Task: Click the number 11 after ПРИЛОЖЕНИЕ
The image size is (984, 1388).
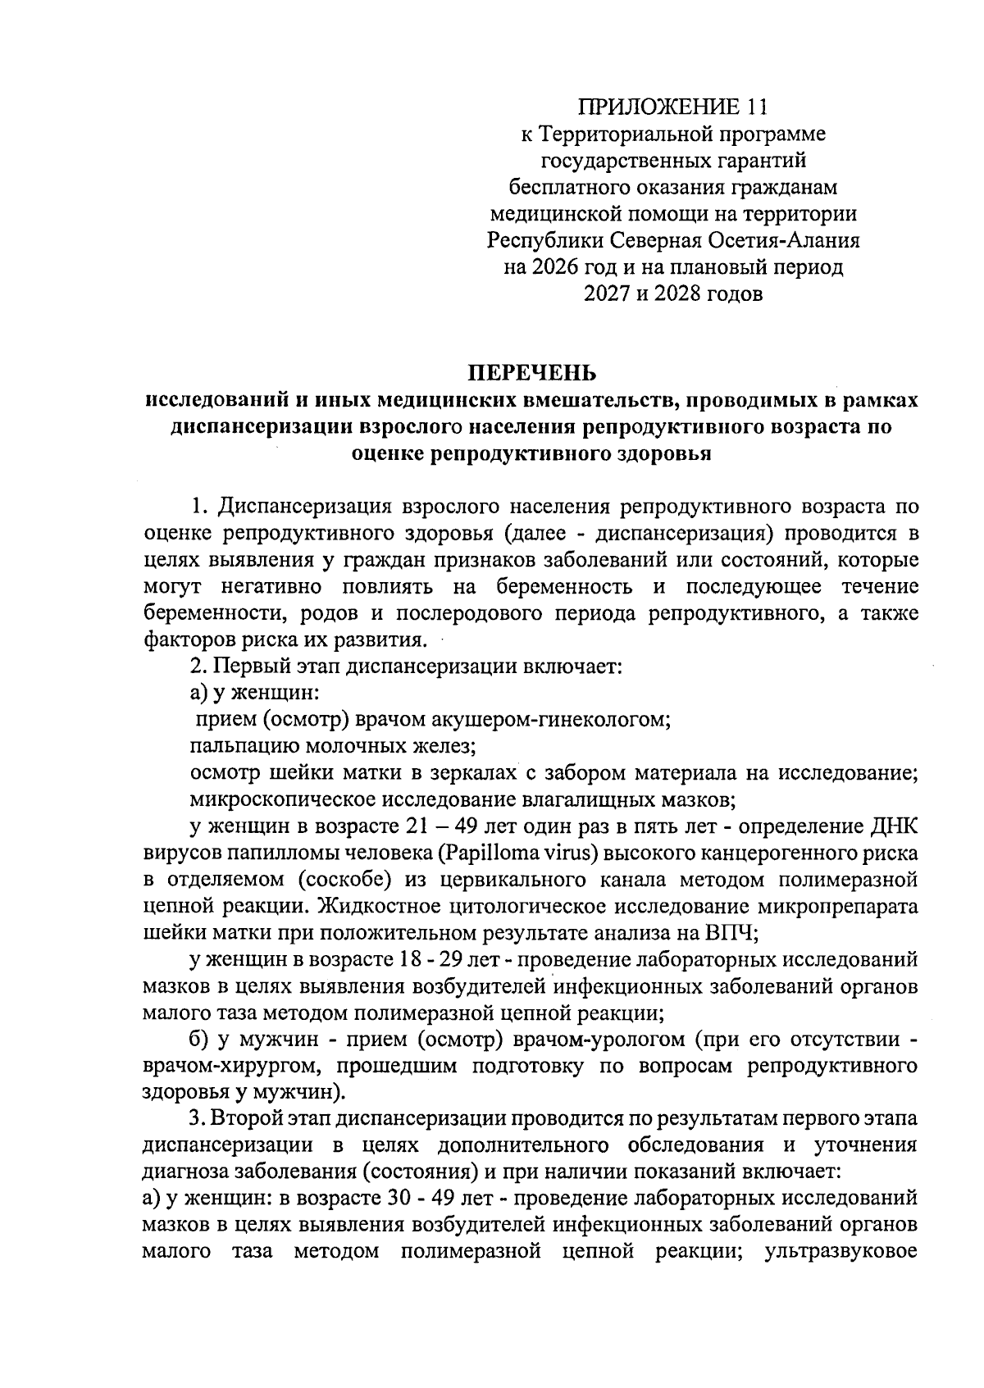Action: click(760, 107)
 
